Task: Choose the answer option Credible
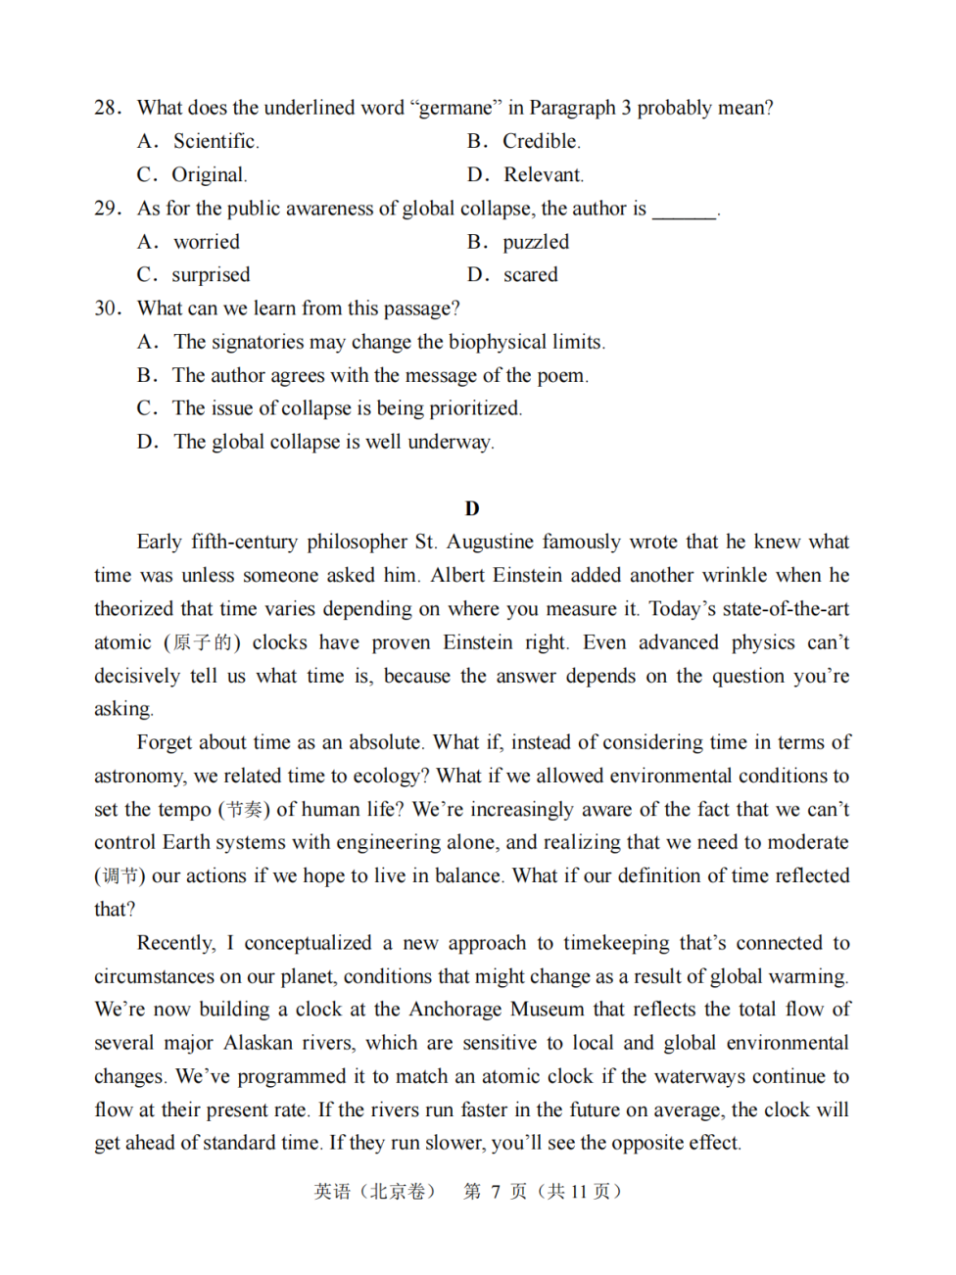click(541, 141)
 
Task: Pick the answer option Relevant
click(543, 175)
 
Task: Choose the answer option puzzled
click(535, 242)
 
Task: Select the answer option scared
click(530, 275)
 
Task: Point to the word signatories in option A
click(258, 342)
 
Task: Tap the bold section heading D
click(472, 508)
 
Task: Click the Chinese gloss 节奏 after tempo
click(244, 810)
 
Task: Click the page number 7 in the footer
click(496, 1192)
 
